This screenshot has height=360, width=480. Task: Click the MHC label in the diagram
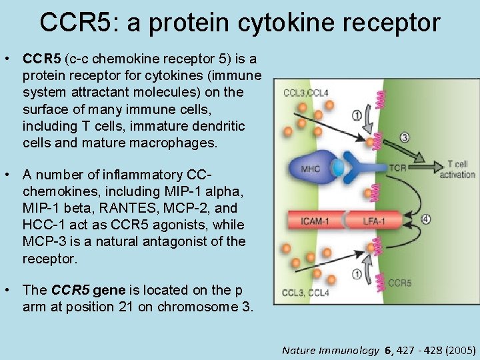pyautogui.click(x=310, y=169)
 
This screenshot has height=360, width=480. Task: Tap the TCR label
pyautogui.click(x=399, y=169)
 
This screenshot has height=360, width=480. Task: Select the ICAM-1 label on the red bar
pyautogui.click(x=315, y=220)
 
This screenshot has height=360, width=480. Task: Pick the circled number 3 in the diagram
pyautogui.click(x=405, y=138)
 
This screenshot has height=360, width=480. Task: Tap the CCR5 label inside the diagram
pyautogui.click(x=399, y=283)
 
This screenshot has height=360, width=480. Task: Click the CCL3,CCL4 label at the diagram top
pyautogui.click(x=305, y=93)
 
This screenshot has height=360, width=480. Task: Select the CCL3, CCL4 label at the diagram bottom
pyautogui.click(x=306, y=293)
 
